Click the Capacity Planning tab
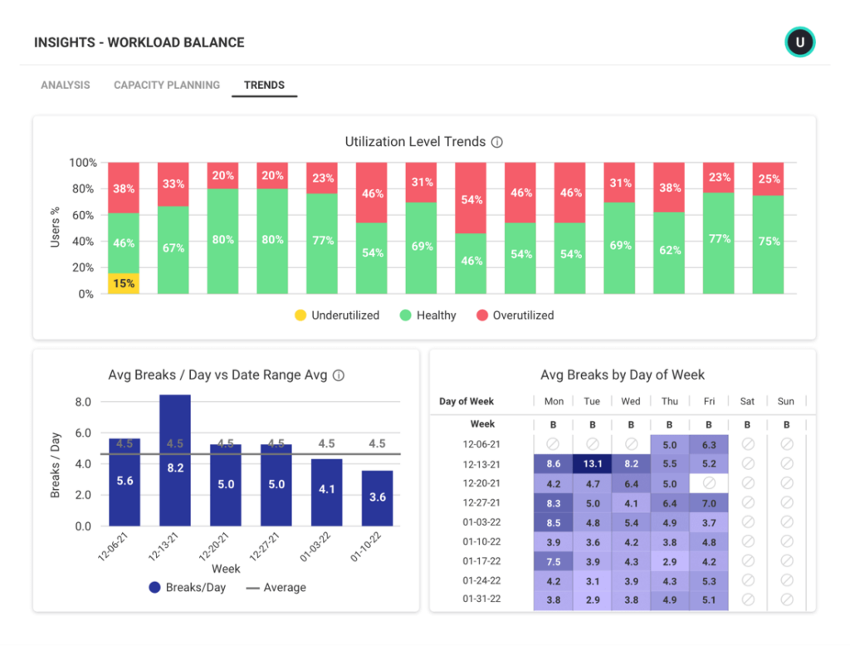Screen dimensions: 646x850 [167, 85]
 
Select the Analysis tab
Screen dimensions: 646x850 [66, 85]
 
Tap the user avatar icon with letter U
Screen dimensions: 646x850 [800, 42]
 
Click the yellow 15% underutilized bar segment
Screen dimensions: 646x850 [124, 283]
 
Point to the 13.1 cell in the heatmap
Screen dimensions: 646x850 [592, 464]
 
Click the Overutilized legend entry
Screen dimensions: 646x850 [515, 316]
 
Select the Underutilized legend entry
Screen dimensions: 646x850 [336, 316]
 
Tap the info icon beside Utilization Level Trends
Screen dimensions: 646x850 [497, 142]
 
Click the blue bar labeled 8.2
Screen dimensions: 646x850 [175, 461]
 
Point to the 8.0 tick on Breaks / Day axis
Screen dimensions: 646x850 [83, 402]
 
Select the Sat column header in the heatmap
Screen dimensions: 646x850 [747, 401]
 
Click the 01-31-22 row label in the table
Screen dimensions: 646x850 [482, 599]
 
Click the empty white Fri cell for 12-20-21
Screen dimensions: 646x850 [709, 483]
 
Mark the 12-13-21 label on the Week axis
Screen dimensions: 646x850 [164, 548]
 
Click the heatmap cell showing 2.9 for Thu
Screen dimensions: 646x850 [670, 561]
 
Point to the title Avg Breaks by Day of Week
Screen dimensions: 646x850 [622, 375]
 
